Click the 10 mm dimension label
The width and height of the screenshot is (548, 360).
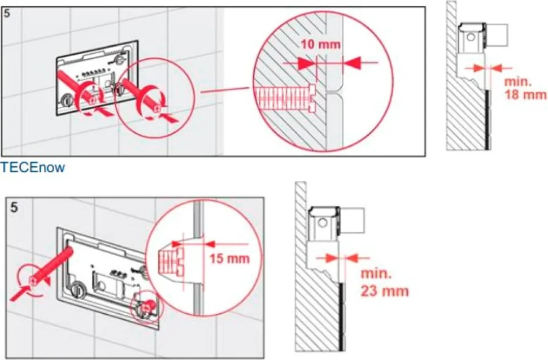coord(320,45)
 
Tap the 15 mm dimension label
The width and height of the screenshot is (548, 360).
coord(229,259)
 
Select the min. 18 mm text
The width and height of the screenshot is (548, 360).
coord(525,88)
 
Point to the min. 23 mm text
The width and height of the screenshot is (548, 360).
coord(384,283)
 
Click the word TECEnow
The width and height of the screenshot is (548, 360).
coord(33,167)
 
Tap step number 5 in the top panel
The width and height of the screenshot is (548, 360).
coord(7,14)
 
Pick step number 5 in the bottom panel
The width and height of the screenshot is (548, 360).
coord(14,207)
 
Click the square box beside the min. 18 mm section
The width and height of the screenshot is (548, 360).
coord(496,35)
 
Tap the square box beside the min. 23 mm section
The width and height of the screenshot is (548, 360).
coord(351,220)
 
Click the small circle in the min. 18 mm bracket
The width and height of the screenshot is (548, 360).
coord(472,37)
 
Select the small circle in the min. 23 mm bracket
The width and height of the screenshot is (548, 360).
coord(323,223)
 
